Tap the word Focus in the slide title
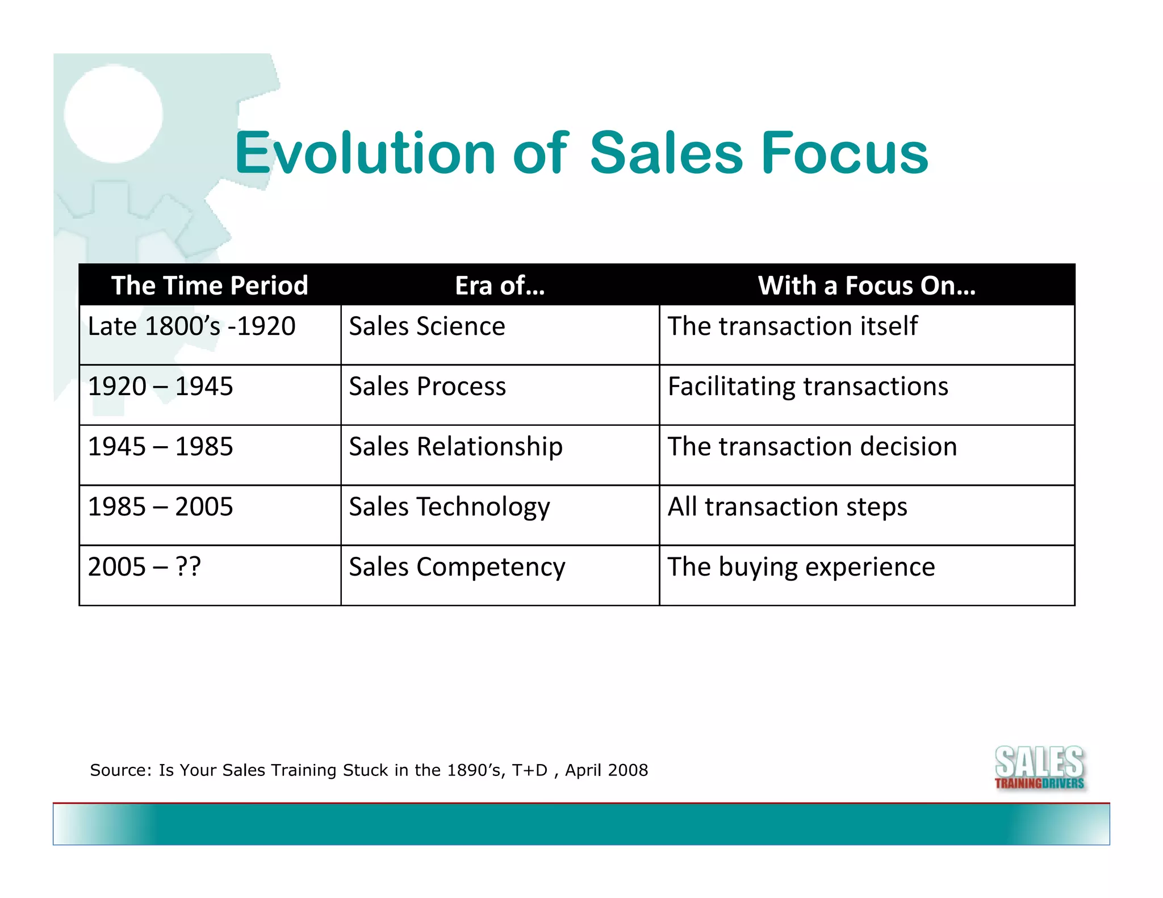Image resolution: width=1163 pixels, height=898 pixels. [844, 153]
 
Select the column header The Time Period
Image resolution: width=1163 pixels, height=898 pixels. [210, 286]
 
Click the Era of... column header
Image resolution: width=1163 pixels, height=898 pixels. [500, 286]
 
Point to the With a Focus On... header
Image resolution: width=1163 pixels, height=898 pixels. [867, 286]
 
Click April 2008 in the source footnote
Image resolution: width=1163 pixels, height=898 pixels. [606, 770]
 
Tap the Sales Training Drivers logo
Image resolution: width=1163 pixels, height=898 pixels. [1039, 768]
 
